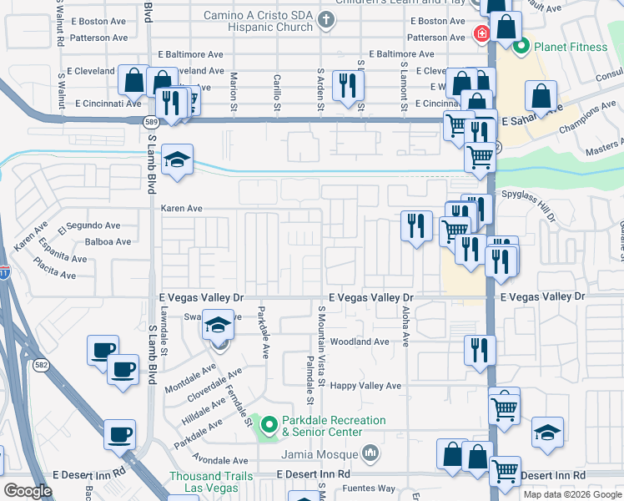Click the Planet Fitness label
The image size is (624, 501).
[x=571, y=47]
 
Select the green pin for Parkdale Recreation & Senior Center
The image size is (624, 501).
[x=269, y=426]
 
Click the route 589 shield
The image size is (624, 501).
[x=150, y=122]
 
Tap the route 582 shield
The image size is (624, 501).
[x=40, y=365]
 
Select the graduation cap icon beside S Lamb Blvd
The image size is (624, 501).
[x=177, y=161]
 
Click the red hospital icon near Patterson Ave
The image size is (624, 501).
[x=481, y=34]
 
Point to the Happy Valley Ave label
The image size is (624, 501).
[x=365, y=386]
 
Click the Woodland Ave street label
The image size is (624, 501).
[x=360, y=342]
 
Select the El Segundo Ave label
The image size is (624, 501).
[x=89, y=225]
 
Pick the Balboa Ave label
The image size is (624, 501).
[x=108, y=242]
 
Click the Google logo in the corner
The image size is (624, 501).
[x=28, y=491]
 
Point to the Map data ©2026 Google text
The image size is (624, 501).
[x=571, y=494]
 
